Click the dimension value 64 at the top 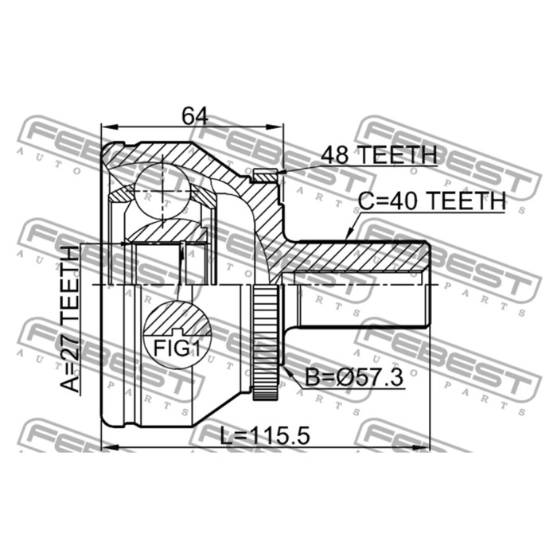[x=193, y=115]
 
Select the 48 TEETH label [x=378, y=155]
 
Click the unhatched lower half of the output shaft [x=362, y=306]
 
